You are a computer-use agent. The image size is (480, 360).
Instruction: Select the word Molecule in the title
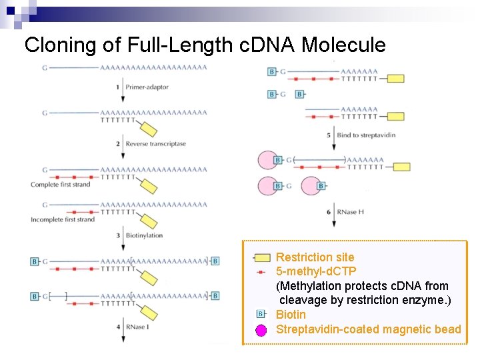click(x=343, y=45)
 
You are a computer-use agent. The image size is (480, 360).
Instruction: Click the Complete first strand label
click(x=60, y=185)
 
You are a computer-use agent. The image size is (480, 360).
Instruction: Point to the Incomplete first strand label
click(x=63, y=219)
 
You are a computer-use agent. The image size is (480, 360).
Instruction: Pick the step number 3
click(x=118, y=235)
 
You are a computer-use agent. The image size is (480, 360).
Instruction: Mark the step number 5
click(x=329, y=135)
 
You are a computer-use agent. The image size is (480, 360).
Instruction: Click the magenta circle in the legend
click(x=262, y=329)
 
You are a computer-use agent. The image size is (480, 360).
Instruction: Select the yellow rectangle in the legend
click(x=262, y=257)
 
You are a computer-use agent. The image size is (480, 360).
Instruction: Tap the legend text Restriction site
click(x=315, y=257)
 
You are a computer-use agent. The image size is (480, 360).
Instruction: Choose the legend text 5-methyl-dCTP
click(x=316, y=271)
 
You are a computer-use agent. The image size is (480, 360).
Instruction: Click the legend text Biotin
click(x=291, y=314)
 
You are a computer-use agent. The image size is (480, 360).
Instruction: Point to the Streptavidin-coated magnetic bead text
click(x=368, y=329)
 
